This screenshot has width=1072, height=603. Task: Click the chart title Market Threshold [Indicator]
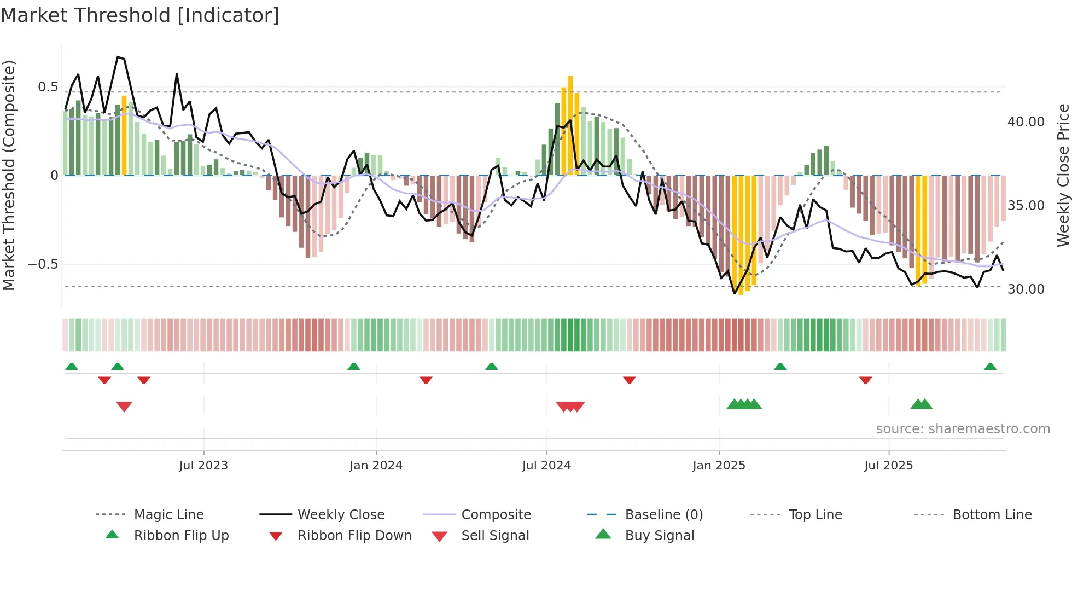pos(140,15)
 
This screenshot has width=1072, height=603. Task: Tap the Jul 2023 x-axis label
pos(203,466)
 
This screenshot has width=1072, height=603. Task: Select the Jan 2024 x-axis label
pos(376,466)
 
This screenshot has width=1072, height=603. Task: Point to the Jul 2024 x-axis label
pos(546,466)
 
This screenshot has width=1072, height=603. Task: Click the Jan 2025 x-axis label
pos(719,466)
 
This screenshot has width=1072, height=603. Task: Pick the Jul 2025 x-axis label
pos(888,466)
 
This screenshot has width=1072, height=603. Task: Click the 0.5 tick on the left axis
pos(48,87)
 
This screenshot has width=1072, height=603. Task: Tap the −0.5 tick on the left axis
pos(43,264)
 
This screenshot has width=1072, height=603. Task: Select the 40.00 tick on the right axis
pos(1026,122)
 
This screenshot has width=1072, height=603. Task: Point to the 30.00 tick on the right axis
pos(1026,289)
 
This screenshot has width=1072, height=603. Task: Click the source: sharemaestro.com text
pos(963,429)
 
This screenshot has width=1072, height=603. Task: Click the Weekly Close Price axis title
pos(1063,175)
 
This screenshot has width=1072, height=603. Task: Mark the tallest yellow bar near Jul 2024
pos(570,126)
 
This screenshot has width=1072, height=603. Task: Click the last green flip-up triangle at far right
pos(990,367)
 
